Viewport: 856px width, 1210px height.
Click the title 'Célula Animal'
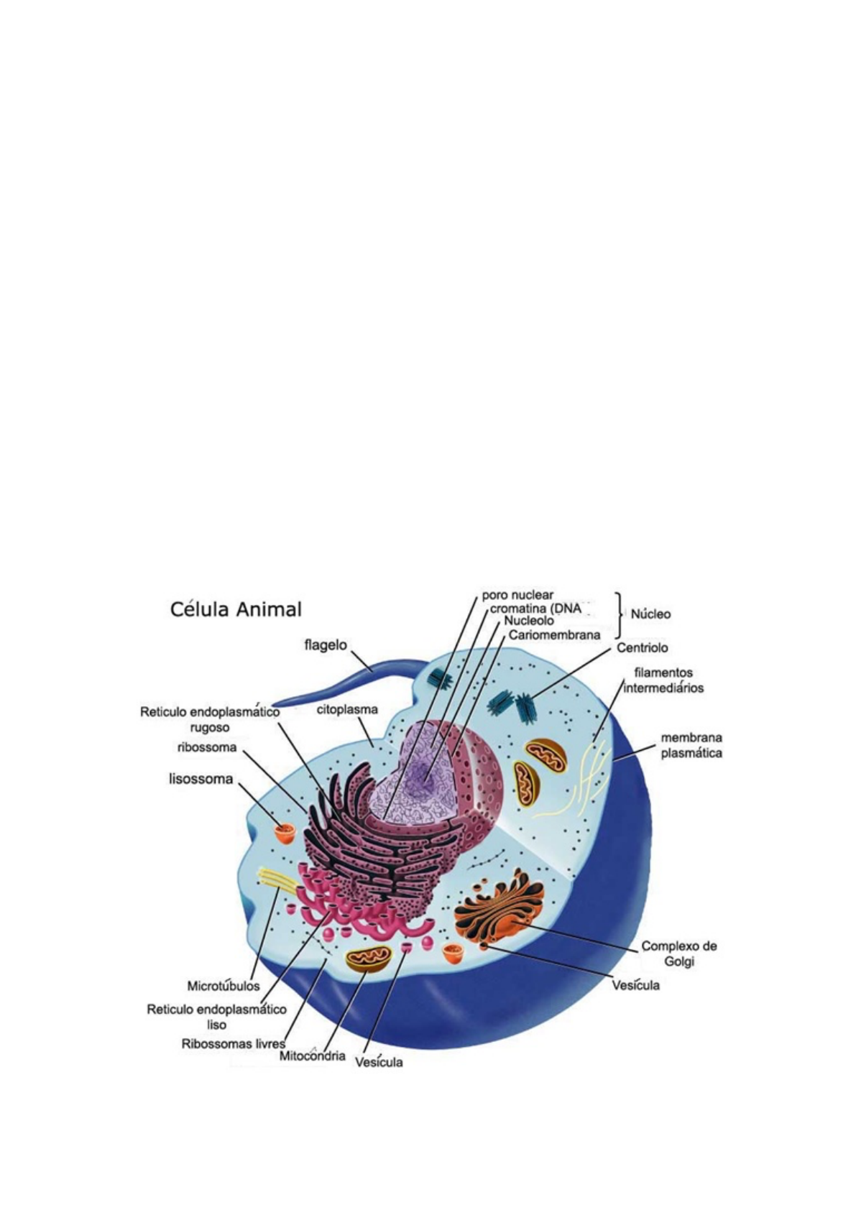coord(236,609)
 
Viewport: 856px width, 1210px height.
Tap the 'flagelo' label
coord(325,645)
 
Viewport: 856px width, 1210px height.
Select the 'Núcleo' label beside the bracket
coord(650,614)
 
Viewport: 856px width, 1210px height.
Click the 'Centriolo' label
coord(642,647)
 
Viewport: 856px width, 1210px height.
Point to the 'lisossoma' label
coord(201,778)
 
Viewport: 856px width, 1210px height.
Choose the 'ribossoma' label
coord(207,747)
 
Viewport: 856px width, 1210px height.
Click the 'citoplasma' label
coord(347,709)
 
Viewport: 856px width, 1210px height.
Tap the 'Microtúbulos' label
coord(224,985)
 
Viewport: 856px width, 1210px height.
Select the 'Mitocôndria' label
coord(312,1057)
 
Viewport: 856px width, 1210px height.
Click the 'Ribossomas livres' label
coord(234,1043)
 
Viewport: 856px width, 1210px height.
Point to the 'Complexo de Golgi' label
coord(678,953)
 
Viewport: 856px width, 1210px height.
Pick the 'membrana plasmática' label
coord(691,745)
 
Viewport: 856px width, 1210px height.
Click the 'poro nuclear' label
coord(517,595)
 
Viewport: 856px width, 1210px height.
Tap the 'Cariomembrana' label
coord(554,635)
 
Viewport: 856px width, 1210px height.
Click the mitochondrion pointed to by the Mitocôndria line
coord(369,958)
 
